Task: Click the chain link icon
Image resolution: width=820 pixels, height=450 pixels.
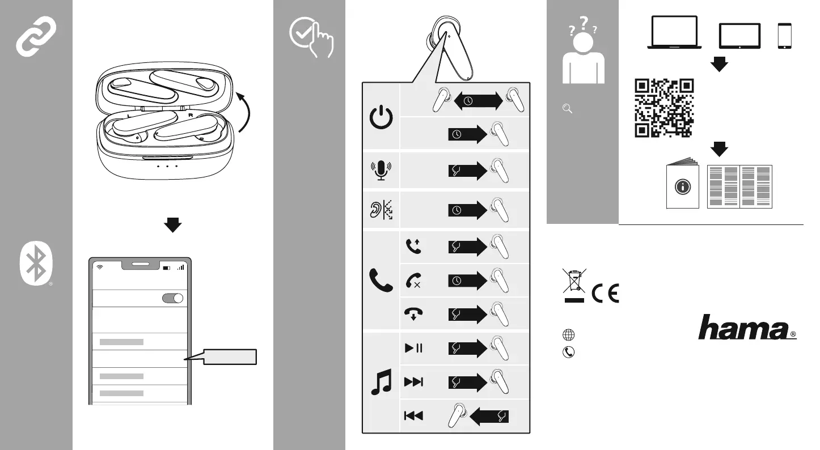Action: pyautogui.click(x=36, y=36)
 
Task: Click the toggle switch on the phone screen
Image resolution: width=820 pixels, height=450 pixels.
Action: pyautogui.click(x=172, y=299)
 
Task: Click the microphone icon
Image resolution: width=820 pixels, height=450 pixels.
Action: pyautogui.click(x=381, y=170)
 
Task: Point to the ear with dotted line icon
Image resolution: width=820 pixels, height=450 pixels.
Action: pyautogui.click(x=381, y=210)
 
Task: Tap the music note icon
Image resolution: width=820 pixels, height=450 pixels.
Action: pyautogui.click(x=381, y=381)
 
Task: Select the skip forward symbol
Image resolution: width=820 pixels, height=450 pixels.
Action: pyautogui.click(x=413, y=381)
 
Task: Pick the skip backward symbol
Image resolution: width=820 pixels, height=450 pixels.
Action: pyautogui.click(x=413, y=416)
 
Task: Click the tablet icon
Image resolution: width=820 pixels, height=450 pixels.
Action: pyautogui.click(x=739, y=36)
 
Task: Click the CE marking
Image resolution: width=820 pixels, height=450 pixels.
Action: pyautogui.click(x=606, y=292)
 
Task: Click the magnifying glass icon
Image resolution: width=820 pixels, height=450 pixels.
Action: pyautogui.click(x=567, y=109)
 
